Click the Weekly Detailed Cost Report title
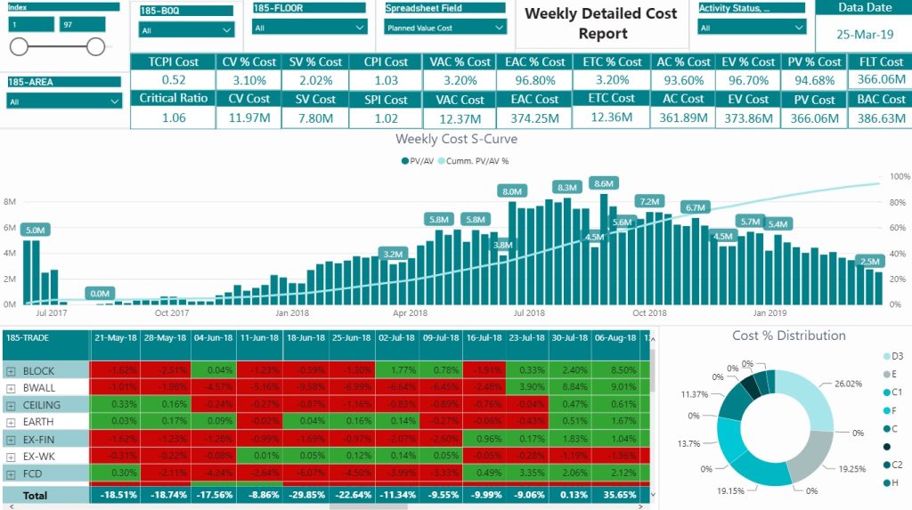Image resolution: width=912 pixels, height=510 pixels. click(600, 24)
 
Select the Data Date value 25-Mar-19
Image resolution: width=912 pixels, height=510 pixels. click(865, 36)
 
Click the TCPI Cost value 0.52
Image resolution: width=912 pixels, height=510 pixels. click(175, 80)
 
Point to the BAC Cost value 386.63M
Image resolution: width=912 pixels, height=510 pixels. click(881, 117)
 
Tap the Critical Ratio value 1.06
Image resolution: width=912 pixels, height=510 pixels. click(175, 117)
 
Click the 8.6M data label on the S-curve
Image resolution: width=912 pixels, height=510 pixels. click(604, 184)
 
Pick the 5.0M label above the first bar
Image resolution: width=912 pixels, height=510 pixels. click(36, 231)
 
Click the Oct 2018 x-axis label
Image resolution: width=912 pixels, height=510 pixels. click(649, 313)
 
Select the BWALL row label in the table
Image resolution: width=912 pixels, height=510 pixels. click(39, 388)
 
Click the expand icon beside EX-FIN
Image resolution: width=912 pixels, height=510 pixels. click(11, 440)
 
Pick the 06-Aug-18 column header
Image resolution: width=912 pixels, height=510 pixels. click(615, 338)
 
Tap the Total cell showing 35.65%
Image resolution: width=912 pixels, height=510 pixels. click(615, 495)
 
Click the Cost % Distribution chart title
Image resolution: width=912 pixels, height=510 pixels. click(788, 336)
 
